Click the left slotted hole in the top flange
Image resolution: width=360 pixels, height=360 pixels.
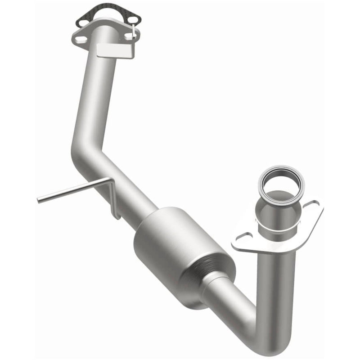[x=81, y=40]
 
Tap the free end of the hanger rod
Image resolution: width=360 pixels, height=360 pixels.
[x=40, y=198]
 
